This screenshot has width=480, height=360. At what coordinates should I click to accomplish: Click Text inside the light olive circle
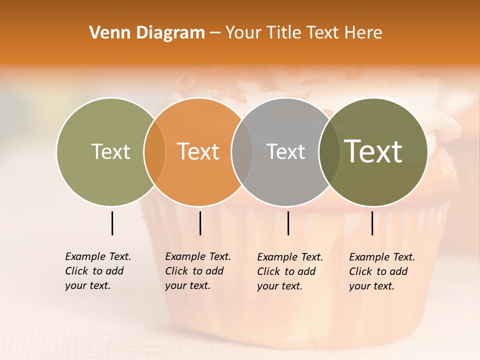[x=110, y=151]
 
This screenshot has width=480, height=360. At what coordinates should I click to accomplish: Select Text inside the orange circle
[x=198, y=151]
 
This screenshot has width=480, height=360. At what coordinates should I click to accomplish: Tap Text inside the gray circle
[x=285, y=151]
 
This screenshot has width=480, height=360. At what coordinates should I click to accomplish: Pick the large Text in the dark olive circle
[x=373, y=151]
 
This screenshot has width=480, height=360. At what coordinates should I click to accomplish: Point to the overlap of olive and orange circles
[x=154, y=151]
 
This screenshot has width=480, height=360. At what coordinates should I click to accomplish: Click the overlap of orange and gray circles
[x=242, y=151]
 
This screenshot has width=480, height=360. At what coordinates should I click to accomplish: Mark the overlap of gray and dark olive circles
[x=329, y=151]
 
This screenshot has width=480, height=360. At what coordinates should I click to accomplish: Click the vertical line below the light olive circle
[x=112, y=223]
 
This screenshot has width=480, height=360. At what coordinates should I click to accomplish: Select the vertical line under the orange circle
[x=200, y=223]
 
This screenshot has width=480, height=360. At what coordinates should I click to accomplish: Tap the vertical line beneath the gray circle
[x=288, y=223]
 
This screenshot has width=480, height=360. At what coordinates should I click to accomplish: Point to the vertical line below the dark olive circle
[x=372, y=223]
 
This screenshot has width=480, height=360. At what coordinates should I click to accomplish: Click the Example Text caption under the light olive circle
[x=97, y=271]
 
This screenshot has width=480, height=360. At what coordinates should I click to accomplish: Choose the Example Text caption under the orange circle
[x=197, y=271]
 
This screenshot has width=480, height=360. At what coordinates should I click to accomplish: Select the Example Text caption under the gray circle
[x=289, y=271]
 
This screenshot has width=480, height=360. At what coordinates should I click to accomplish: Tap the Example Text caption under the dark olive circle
[x=381, y=271]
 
